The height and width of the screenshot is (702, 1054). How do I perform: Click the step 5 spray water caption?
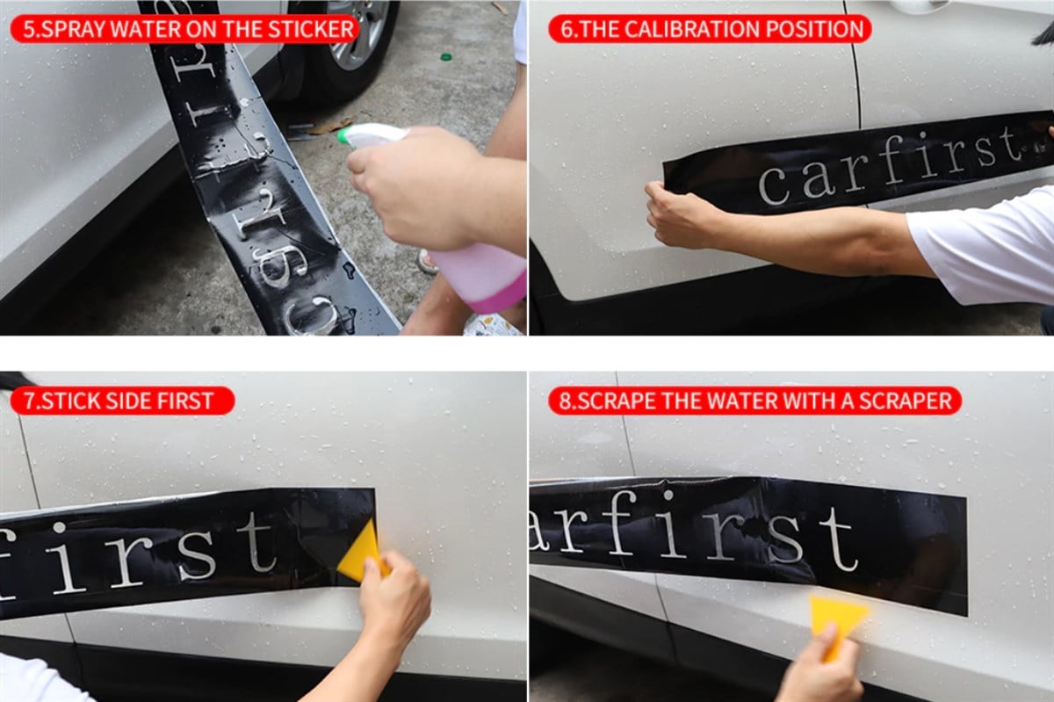tap(184, 28)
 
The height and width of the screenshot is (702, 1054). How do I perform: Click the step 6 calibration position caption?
tap(710, 28)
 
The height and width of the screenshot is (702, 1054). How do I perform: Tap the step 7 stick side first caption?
tap(122, 402)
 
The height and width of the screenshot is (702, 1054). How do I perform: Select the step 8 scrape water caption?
tap(754, 402)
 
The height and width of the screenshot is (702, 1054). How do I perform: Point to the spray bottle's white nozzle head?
tap(369, 135)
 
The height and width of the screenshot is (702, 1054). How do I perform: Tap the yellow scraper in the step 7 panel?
tap(362, 552)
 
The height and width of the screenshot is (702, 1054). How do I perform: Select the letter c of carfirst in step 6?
tap(774, 186)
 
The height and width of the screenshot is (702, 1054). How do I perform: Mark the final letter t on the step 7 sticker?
tap(257, 542)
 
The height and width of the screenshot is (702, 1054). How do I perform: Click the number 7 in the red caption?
tap(30, 402)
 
